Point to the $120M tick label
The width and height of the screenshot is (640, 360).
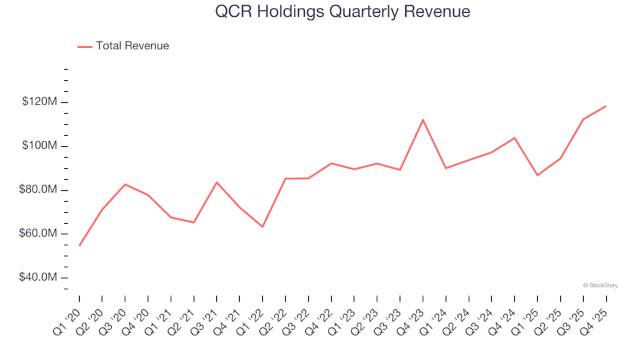click(40, 102)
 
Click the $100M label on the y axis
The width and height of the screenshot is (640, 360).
click(40, 146)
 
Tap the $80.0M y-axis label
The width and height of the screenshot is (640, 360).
click(39, 190)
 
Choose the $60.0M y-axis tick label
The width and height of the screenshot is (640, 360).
click(39, 234)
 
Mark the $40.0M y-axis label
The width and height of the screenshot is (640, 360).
click(39, 278)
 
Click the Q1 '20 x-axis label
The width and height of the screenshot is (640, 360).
click(69, 314)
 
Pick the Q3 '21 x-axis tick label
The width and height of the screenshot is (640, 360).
click(206, 314)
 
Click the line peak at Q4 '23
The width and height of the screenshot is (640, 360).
click(423, 120)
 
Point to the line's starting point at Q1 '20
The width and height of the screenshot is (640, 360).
click(79, 245)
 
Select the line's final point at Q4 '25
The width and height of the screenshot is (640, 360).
click(605, 106)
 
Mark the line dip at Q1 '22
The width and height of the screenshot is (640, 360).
click(263, 227)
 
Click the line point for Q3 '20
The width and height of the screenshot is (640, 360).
click(125, 184)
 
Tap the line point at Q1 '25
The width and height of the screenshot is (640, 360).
click(537, 175)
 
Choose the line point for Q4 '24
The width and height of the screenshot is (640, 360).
click(514, 138)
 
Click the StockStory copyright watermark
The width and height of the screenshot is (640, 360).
click(600, 285)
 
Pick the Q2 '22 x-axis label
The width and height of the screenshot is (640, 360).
click(275, 314)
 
